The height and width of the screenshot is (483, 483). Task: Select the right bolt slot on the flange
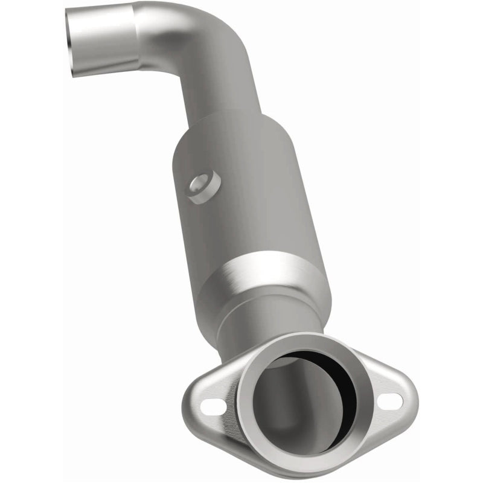point(390,400)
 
